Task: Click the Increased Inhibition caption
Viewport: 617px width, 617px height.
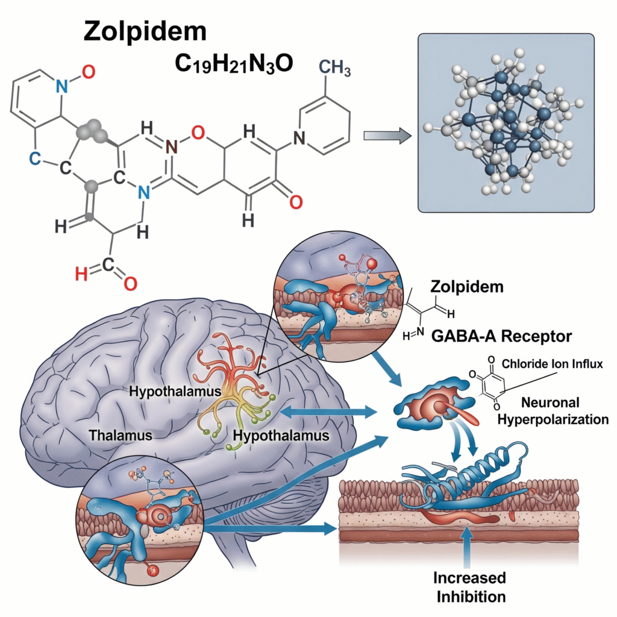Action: pos(469,587)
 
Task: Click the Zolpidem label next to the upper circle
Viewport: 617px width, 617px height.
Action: pos(468,287)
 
